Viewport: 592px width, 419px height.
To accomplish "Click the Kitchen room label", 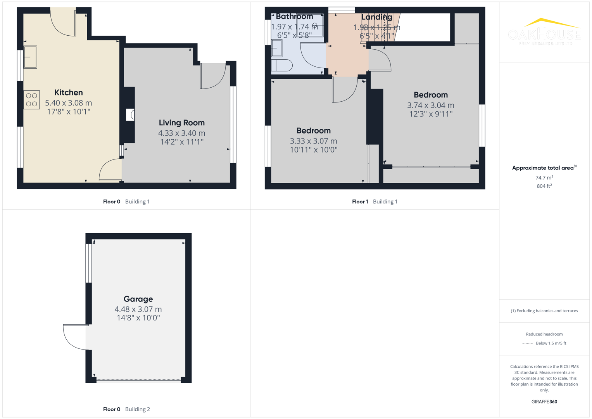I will coord(69,92).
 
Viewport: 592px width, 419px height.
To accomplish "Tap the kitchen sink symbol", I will coord(30,57).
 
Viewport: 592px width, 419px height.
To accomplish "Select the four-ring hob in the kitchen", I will coord(31,100).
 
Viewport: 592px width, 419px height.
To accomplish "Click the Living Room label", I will coord(181,123).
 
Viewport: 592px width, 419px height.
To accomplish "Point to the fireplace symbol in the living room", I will coord(131,115).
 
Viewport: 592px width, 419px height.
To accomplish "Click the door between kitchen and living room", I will coord(110,171).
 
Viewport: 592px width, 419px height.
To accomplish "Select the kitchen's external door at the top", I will coord(63,23).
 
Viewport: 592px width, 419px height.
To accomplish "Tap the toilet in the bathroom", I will coord(282,66).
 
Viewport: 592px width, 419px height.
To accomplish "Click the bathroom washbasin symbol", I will coord(277,48).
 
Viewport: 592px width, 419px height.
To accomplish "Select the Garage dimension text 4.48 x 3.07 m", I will coord(138,309).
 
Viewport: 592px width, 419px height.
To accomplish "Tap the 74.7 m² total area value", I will coord(544,178).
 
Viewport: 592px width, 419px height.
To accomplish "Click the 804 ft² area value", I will coord(544,186).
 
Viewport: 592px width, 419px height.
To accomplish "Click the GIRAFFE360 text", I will coord(544,402).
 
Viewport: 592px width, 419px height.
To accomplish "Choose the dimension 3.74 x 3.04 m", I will coord(430,105).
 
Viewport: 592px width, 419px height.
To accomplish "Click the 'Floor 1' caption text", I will coord(360,201).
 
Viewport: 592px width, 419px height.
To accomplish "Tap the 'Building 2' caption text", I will coord(137,409).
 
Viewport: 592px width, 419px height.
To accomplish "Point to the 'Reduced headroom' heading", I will coord(544,334).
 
